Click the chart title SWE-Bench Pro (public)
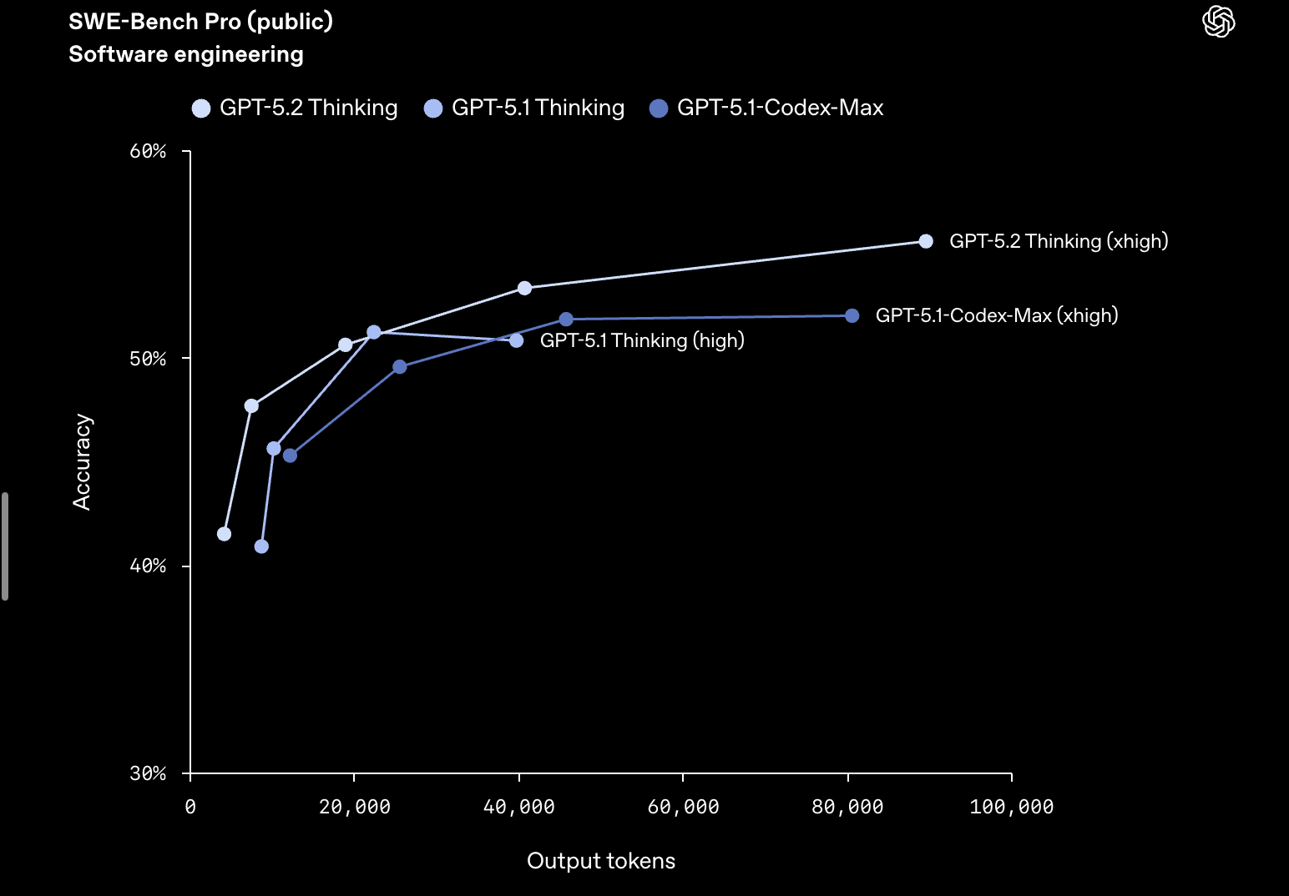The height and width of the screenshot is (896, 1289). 200,22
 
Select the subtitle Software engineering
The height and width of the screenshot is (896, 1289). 185,54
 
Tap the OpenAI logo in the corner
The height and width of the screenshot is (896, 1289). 1218,22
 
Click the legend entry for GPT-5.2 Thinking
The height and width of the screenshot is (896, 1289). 295,108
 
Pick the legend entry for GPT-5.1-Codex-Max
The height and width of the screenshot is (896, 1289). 766,108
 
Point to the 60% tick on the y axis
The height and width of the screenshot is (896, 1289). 148,151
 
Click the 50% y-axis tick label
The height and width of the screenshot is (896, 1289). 148,359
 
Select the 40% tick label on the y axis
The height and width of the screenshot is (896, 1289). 148,566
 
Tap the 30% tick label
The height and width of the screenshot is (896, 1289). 148,773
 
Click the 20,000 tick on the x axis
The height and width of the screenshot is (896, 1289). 355,807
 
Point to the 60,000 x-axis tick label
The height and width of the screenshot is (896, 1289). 683,807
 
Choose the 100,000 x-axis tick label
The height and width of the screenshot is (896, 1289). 1011,807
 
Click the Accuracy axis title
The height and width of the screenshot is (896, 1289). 82,462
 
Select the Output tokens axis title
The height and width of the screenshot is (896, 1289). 601,861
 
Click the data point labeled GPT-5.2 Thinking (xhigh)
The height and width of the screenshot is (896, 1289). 926,241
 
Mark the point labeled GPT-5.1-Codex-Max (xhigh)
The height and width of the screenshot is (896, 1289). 852,315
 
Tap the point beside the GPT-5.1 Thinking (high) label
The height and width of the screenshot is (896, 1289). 516,340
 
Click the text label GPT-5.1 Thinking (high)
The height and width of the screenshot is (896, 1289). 642,340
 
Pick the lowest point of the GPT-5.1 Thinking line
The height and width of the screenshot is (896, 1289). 261,546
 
